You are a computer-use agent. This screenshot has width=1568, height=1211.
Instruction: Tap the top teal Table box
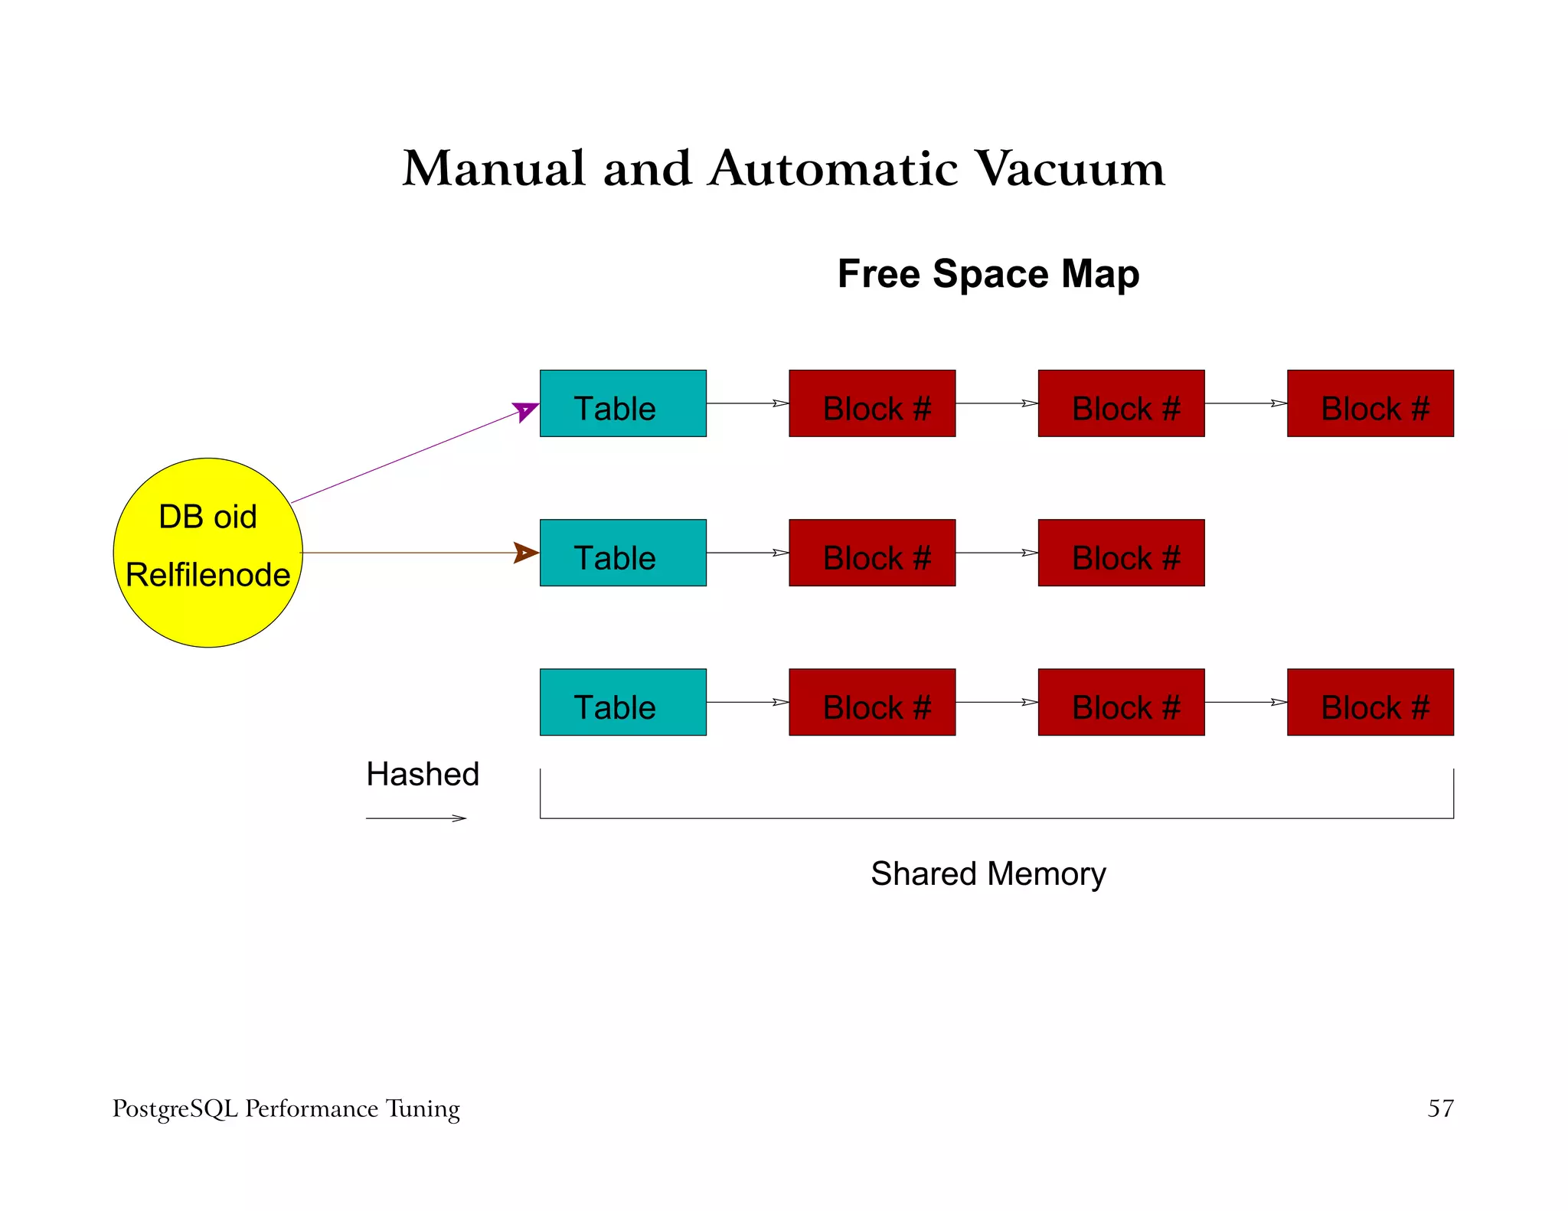(622, 403)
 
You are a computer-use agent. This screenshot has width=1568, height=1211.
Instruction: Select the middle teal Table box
(622, 553)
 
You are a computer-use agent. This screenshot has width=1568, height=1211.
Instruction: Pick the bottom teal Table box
(622, 702)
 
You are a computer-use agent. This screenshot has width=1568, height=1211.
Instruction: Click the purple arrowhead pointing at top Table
(526, 411)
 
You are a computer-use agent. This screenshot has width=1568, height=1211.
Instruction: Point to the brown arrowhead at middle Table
(525, 553)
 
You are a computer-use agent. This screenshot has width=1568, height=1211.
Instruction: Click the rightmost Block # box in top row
(1370, 403)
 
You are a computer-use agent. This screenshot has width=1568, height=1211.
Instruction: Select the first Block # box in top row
(872, 403)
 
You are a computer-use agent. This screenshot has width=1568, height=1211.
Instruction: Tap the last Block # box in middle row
(1121, 553)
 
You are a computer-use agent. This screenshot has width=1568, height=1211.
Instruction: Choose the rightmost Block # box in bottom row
(1370, 702)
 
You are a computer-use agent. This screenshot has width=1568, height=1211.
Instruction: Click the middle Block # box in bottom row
(1121, 702)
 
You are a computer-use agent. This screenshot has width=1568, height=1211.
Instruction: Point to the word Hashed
(423, 774)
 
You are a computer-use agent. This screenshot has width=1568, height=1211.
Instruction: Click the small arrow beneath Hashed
(416, 818)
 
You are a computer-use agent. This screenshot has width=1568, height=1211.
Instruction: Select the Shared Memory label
(988, 873)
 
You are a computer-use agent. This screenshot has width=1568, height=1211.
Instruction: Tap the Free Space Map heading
(988, 274)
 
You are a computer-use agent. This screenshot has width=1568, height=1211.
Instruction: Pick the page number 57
(1440, 1108)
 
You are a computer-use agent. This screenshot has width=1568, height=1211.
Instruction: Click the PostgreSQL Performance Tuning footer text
(286, 1109)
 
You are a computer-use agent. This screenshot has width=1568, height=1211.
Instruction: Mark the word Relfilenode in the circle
(207, 575)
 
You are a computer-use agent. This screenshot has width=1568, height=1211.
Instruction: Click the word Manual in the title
(494, 168)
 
